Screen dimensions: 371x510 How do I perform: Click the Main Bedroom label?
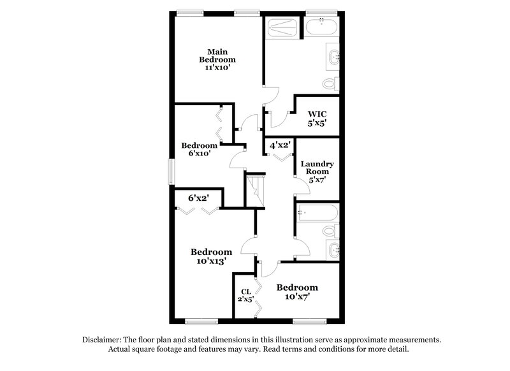pyautogui.click(x=216, y=59)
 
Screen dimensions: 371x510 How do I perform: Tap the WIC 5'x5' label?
pyautogui.click(x=317, y=119)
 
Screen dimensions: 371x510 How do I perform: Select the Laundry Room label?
pyautogui.click(x=317, y=171)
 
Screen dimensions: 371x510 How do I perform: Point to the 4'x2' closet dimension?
pyautogui.click(x=280, y=145)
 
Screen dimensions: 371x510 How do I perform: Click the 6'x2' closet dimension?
pyautogui.click(x=199, y=198)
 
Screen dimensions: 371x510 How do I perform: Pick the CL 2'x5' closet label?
pyautogui.click(x=245, y=296)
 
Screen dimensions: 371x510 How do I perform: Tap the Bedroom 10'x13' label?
pyautogui.click(x=211, y=256)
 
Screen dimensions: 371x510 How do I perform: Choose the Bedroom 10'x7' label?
pyautogui.click(x=296, y=291)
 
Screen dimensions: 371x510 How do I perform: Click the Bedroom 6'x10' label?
pyautogui.click(x=199, y=149)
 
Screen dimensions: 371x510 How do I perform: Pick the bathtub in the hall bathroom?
pyautogui.click(x=316, y=212)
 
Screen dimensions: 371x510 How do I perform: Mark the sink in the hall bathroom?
pyautogui.click(x=334, y=249)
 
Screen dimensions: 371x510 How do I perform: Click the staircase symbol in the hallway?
pyautogui.click(x=254, y=190)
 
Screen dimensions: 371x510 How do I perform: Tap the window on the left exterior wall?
pyautogui.click(x=171, y=171)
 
